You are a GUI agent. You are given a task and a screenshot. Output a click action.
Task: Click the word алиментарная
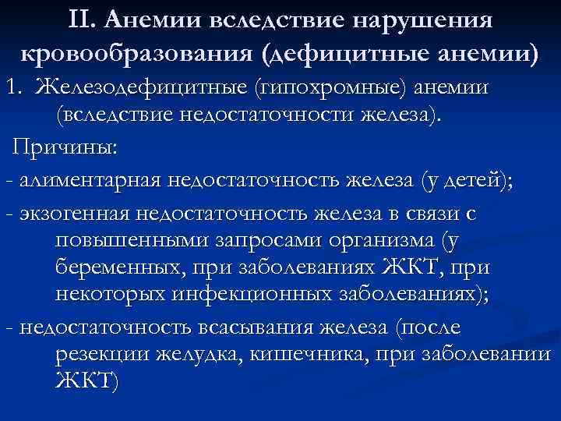tap(90, 181)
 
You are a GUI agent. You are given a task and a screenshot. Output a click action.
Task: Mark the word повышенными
tap(133, 242)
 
